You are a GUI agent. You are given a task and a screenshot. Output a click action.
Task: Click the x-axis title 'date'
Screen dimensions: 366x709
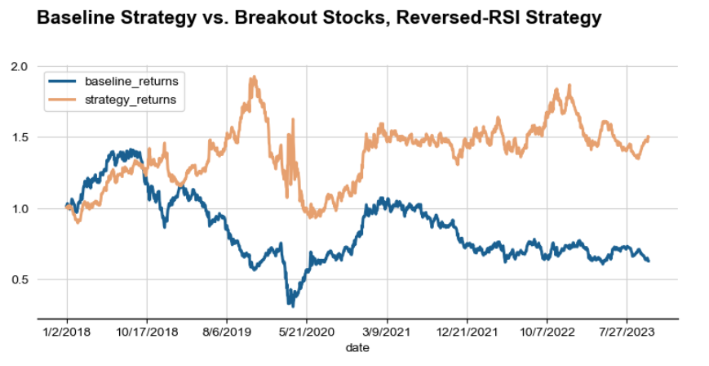[x=357, y=348]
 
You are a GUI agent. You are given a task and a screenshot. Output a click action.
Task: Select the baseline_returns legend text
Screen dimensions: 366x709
[x=131, y=82]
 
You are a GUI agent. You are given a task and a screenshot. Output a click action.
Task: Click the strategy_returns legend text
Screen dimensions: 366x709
[x=131, y=100]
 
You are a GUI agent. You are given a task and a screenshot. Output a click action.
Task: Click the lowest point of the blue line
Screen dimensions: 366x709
[x=290, y=305]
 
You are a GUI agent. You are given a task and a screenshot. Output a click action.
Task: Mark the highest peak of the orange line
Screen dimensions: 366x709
[x=253, y=78]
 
